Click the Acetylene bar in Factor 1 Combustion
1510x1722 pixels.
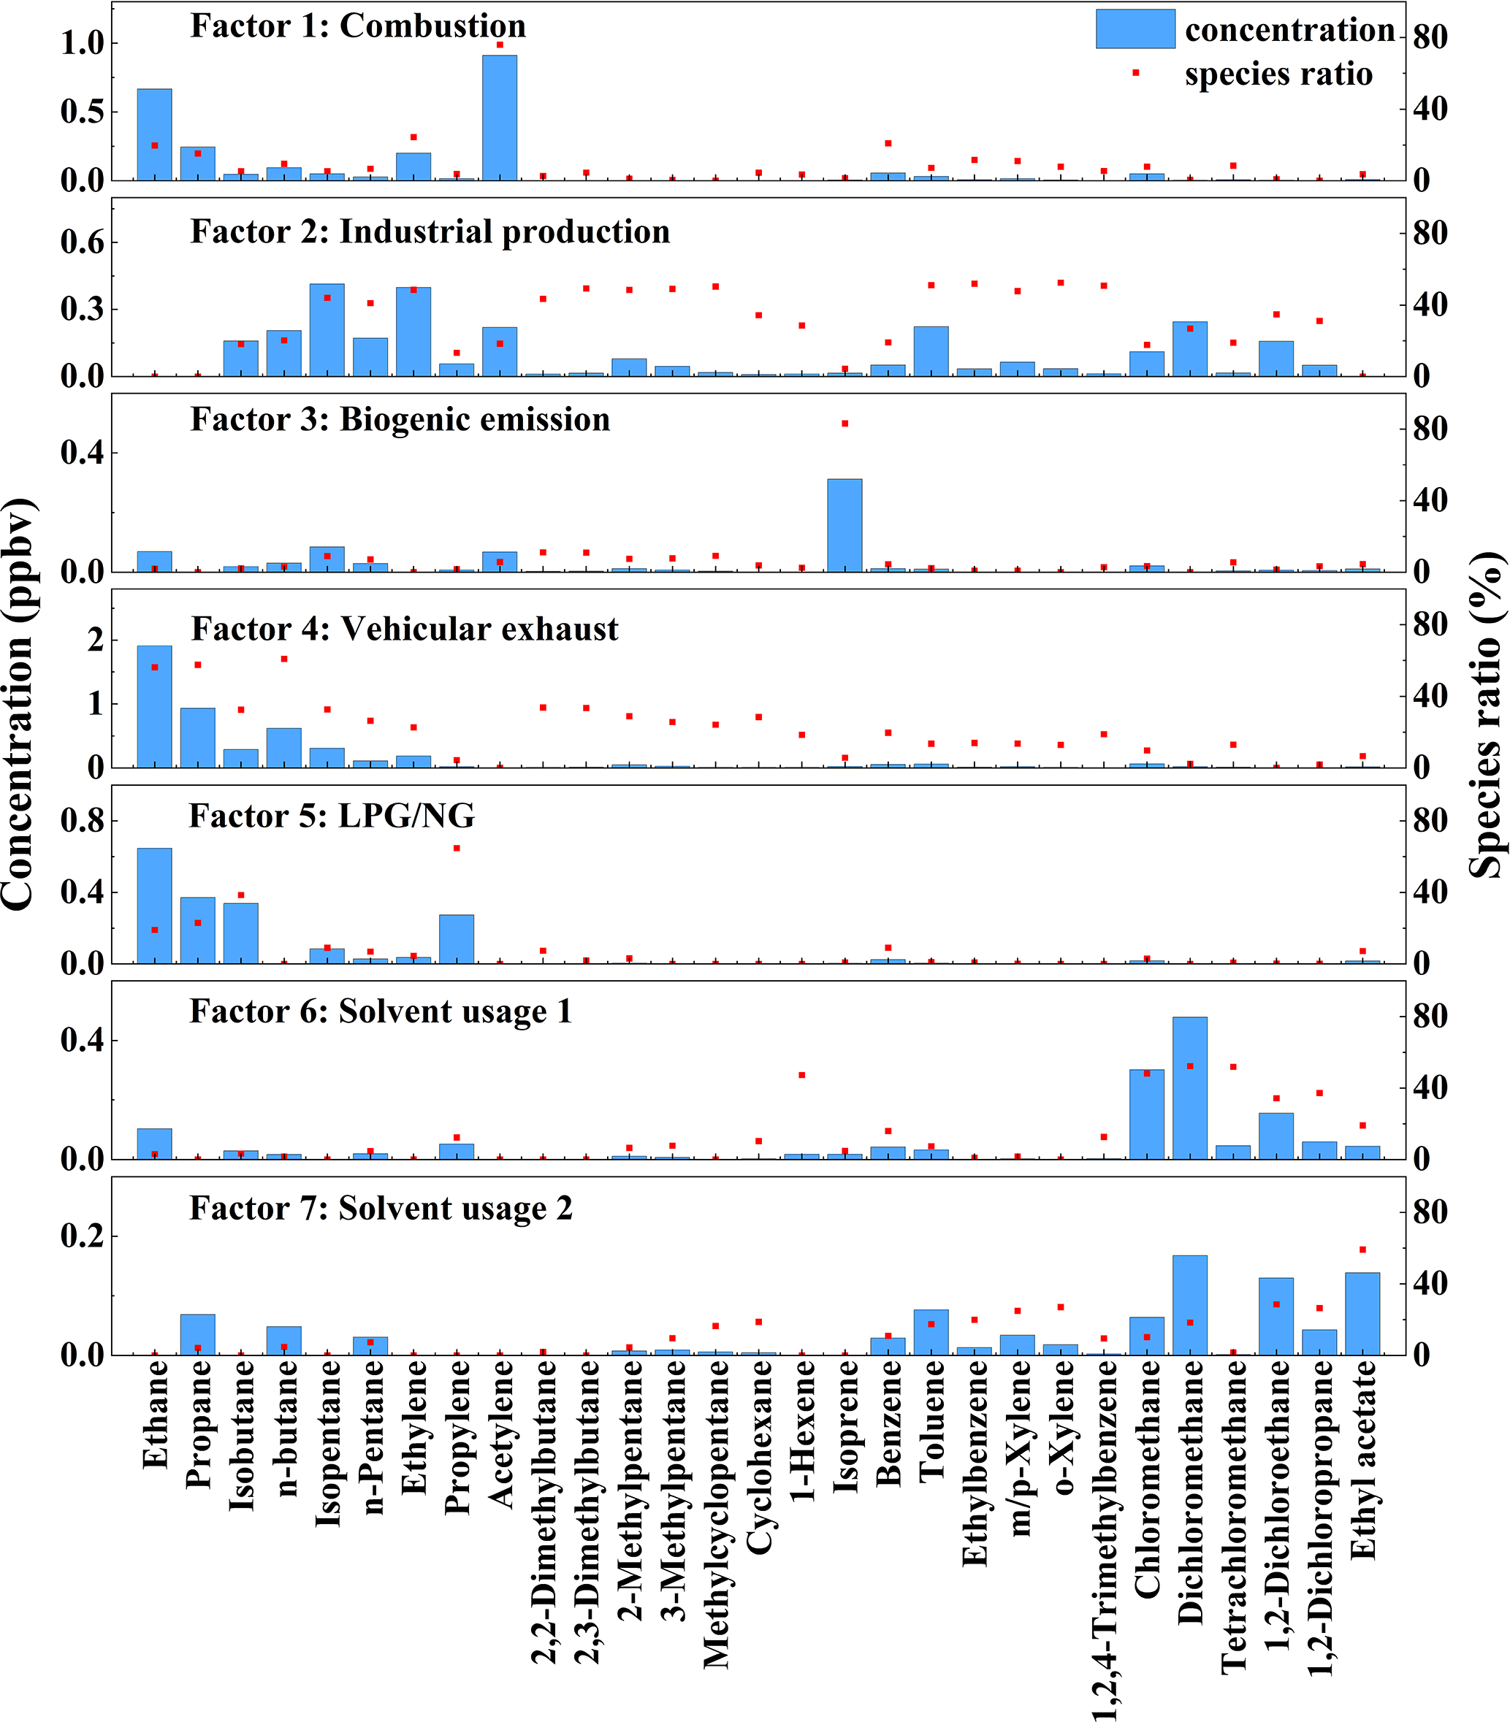(x=500, y=118)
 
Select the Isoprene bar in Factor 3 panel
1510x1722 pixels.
(x=844, y=526)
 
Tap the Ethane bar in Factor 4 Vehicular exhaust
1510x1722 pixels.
(x=154, y=707)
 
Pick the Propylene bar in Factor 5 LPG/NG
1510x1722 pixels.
(x=457, y=938)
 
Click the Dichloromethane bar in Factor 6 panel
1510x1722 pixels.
(x=1190, y=1087)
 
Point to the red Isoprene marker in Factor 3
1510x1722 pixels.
(x=845, y=424)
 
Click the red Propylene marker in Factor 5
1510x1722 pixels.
(x=457, y=849)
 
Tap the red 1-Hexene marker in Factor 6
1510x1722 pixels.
(x=802, y=1075)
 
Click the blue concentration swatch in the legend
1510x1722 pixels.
(x=1135, y=29)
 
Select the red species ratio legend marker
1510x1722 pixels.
(x=1136, y=73)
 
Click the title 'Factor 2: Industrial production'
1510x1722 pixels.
(x=430, y=231)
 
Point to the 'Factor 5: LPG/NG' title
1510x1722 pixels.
(x=331, y=816)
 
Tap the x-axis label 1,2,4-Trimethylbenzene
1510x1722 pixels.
(x=1105, y=1542)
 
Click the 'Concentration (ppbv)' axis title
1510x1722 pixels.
(x=18, y=703)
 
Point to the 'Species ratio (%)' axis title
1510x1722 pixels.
(x=1487, y=716)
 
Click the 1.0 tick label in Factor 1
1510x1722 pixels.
(x=82, y=43)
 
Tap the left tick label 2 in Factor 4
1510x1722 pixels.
(x=95, y=640)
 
